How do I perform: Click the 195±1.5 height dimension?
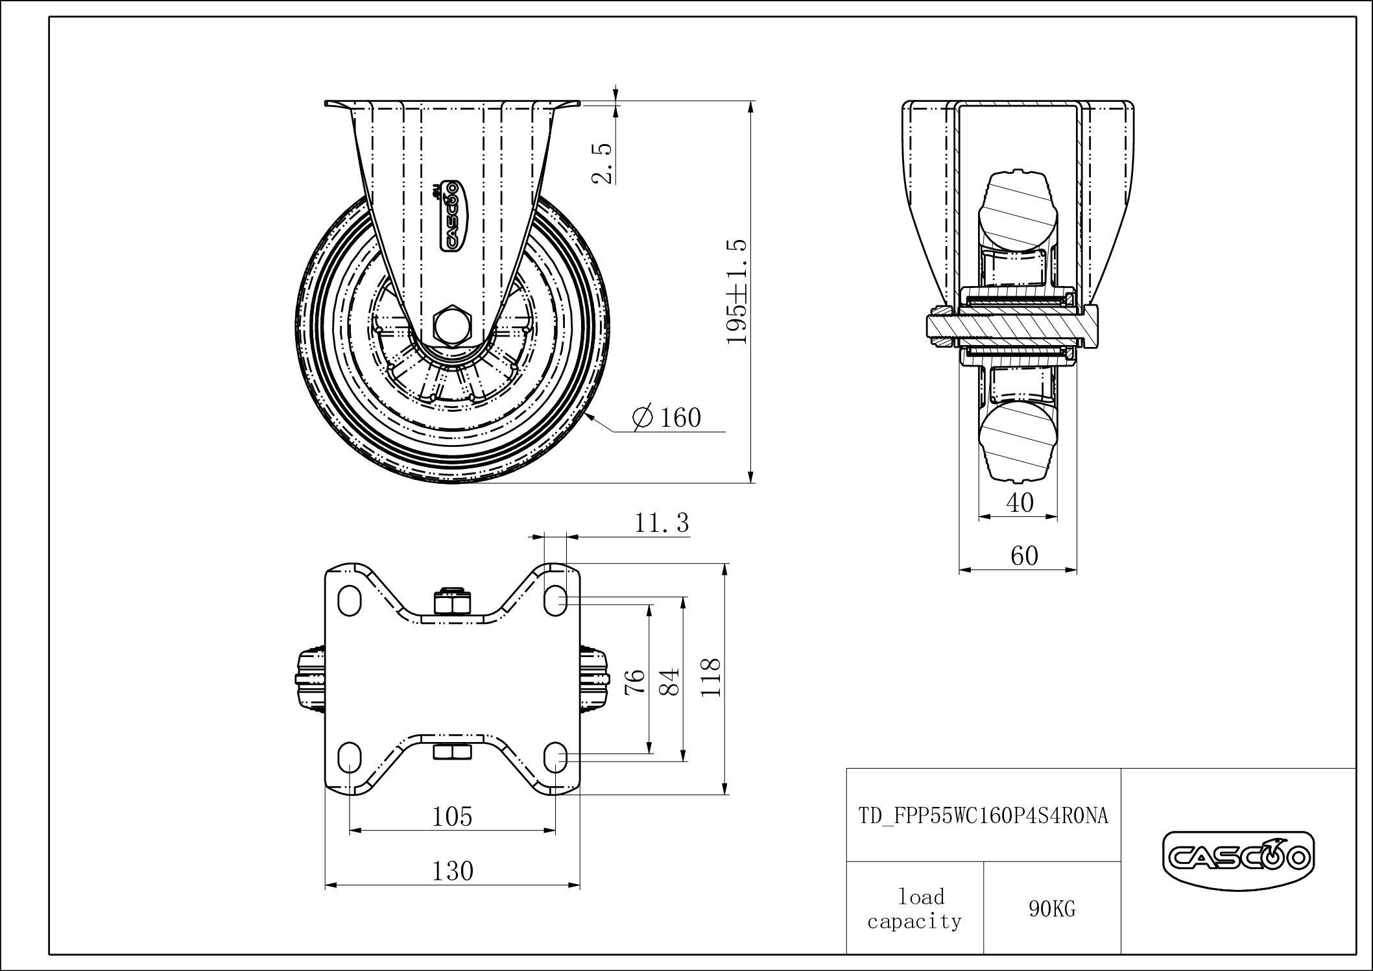coord(737,292)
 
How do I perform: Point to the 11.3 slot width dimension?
coord(661,522)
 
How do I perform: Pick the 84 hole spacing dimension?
coord(671,681)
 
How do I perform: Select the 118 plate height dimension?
coord(711,677)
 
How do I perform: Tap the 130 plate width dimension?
coord(452,870)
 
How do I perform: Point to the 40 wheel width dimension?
coord(1020,502)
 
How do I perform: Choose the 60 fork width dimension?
coord(1024,556)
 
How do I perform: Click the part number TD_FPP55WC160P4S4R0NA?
coord(983,815)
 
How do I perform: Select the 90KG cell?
coord(1052,909)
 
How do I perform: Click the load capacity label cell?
coord(915,909)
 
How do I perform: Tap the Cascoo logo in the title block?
coord(1238,859)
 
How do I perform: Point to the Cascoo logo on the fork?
coord(450,215)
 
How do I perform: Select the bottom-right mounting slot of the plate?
coord(556,756)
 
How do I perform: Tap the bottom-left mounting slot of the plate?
coord(350,756)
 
